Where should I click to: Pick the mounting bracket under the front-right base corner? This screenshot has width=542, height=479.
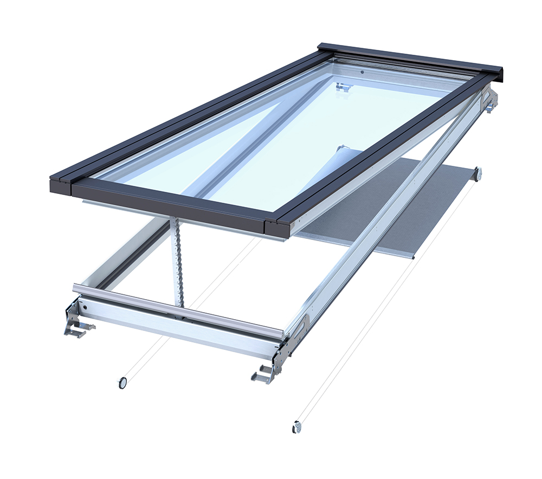pos(264,373)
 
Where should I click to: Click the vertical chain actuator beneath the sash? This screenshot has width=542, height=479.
pos(177,260)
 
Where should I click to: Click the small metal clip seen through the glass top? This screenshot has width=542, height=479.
pos(343,86)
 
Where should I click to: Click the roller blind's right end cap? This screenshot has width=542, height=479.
pos(478,174)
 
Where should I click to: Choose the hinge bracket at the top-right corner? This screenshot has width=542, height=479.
pos(491,100)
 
